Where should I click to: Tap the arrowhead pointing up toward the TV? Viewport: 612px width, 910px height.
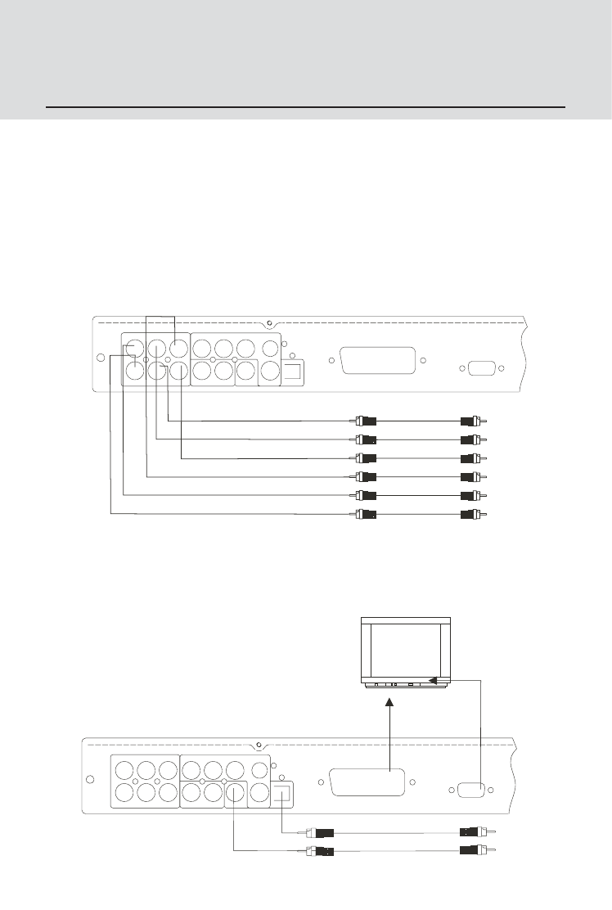pyautogui.click(x=389, y=703)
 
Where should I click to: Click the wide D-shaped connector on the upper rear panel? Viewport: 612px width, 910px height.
pyautogui.click(x=377, y=361)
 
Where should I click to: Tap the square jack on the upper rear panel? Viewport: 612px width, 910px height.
pyautogui.click(x=294, y=371)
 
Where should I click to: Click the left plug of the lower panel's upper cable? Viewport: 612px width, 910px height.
pyautogui.click(x=318, y=833)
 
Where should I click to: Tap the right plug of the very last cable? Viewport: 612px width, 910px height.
pyautogui.click(x=472, y=851)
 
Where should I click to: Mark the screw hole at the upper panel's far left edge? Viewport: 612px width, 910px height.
pyautogui.click(x=101, y=358)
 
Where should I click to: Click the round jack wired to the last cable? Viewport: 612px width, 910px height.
pyautogui.click(x=235, y=792)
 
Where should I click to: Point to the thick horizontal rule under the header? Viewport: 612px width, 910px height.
pyautogui.click(x=306, y=107)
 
